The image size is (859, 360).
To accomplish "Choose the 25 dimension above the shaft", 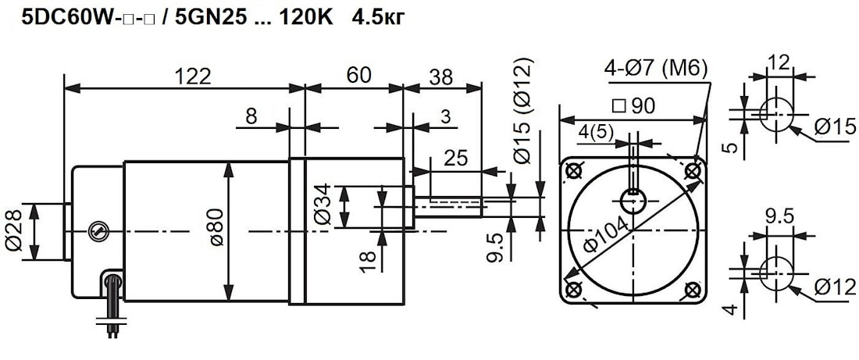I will (x=455, y=158).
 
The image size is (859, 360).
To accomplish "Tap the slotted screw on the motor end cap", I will (x=97, y=230).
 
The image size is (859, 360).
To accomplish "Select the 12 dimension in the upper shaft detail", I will (x=779, y=62).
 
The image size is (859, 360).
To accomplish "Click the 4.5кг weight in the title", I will (x=379, y=16).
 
